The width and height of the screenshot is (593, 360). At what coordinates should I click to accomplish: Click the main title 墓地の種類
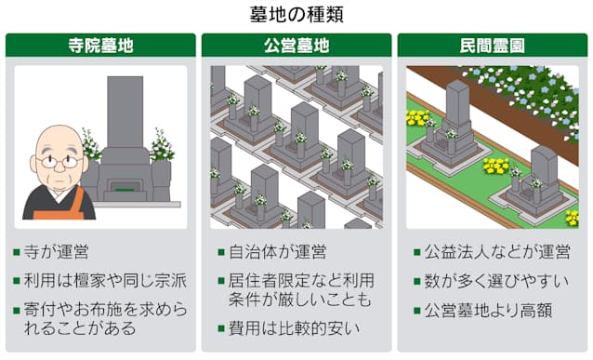(296, 15)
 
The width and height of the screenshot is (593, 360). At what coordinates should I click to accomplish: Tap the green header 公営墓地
(296, 45)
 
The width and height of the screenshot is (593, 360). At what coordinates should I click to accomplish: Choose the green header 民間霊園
(492, 45)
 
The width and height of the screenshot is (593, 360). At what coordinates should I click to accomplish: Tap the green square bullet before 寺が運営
(18, 253)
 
